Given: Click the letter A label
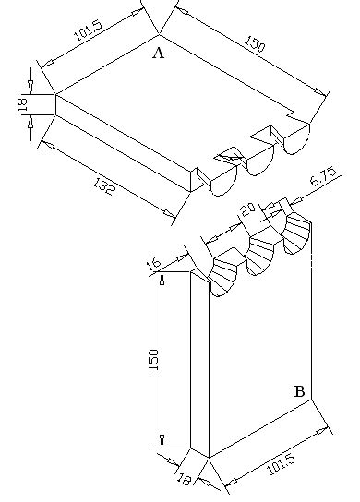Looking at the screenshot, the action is [158, 54].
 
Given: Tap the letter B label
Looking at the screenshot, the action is [299, 391].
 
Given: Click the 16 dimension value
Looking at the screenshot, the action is [153, 265].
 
